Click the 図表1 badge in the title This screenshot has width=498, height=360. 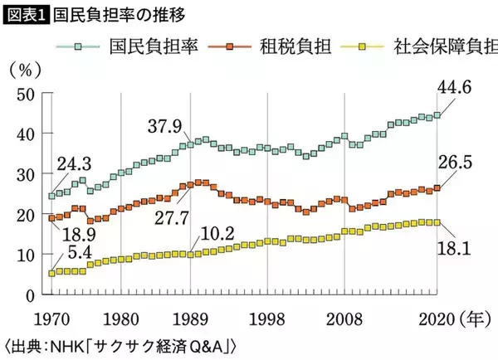[25, 14]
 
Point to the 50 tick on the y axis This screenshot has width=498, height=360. [24, 93]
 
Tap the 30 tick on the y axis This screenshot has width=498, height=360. [24, 174]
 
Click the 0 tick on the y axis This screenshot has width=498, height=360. [29, 295]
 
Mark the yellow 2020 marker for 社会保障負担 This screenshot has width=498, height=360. [437, 222]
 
